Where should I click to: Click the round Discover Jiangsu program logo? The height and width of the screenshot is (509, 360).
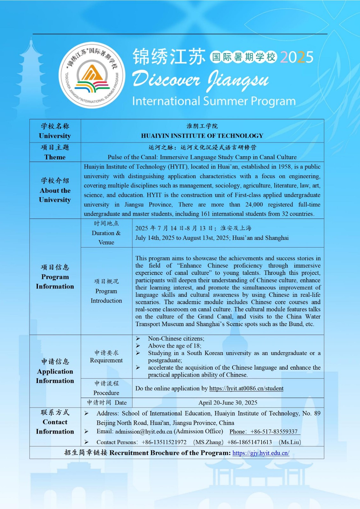[92, 75]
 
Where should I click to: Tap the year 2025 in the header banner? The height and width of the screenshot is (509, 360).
[297, 57]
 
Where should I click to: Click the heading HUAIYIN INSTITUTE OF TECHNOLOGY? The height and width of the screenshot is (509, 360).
[202, 136]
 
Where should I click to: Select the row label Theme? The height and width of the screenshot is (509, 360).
[55, 157]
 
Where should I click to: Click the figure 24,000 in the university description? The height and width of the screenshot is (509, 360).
[254, 205]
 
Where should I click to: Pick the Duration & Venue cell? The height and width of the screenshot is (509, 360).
[106, 233]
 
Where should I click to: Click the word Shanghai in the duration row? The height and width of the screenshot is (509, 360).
[277, 238]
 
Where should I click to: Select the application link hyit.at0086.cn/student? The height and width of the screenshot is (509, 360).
[246, 388]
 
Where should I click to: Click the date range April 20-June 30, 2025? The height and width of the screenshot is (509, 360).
[228, 403]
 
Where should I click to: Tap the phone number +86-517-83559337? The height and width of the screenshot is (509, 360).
[274, 432]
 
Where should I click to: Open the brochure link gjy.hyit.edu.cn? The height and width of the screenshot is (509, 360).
[261, 453]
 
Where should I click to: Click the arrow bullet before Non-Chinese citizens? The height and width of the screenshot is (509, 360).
[138, 338]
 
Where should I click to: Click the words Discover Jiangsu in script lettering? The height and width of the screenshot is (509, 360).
[201, 80]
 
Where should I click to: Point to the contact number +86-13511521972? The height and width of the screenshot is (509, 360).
[164, 442]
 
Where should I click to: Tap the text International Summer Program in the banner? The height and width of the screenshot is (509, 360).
[214, 101]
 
